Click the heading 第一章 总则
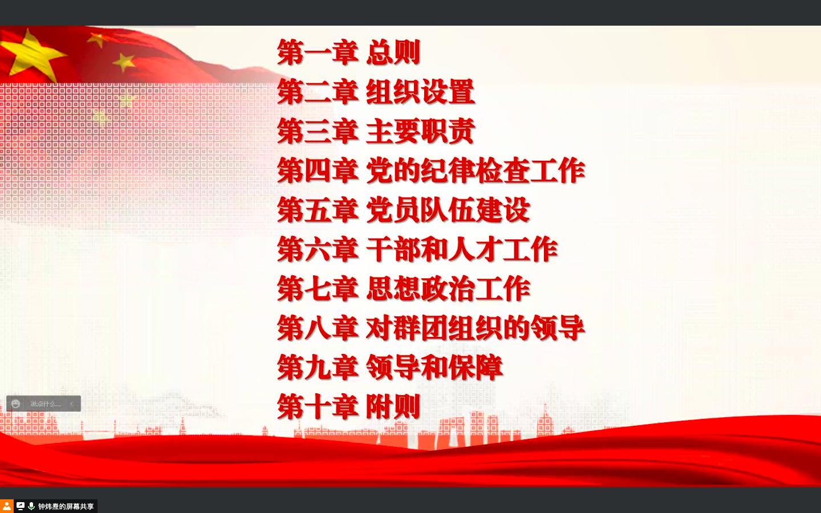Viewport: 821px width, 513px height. (x=348, y=52)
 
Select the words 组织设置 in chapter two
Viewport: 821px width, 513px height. (x=420, y=92)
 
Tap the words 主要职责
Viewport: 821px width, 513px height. (x=420, y=131)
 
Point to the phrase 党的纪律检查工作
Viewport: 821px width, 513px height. (x=475, y=170)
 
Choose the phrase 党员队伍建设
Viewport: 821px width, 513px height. (x=448, y=210)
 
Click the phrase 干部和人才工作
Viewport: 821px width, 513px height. (x=462, y=249)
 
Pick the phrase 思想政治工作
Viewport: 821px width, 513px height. (x=448, y=289)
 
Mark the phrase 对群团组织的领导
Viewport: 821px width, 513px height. (x=475, y=328)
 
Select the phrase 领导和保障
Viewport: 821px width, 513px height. (x=434, y=368)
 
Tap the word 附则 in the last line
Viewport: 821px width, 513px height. (x=393, y=407)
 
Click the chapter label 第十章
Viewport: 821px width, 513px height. (x=318, y=407)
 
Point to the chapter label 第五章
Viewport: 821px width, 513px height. (x=318, y=210)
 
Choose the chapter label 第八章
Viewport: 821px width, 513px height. (x=318, y=328)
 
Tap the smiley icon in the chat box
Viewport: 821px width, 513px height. (x=16, y=404)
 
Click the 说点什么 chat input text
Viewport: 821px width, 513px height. (x=45, y=404)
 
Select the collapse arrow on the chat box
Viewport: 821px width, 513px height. (x=71, y=404)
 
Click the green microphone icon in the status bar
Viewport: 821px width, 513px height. (x=31, y=506)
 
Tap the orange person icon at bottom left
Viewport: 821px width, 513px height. (x=7, y=506)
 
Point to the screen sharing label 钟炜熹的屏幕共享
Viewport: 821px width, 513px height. (x=66, y=506)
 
